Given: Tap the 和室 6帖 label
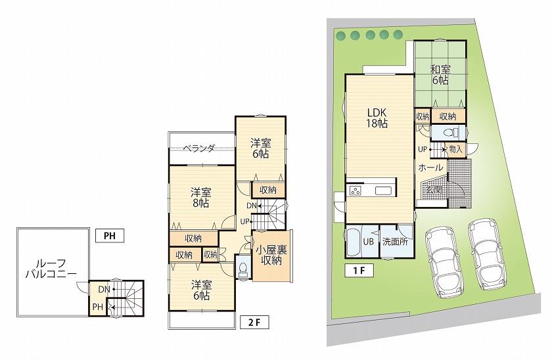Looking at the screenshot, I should [x=440, y=74].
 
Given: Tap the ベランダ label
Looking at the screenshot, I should [x=199, y=148].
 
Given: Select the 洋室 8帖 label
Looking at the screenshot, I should [x=201, y=198].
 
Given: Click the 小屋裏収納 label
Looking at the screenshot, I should [x=271, y=254].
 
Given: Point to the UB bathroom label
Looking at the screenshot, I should [x=369, y=241].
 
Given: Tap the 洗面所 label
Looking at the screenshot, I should [x=396, y=241].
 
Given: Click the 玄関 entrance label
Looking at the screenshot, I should [x=433, y=190].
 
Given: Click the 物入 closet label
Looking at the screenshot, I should [x=456, y=150].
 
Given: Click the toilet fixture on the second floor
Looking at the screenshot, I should [x=242, y=269].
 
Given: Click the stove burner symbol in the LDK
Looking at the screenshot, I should [x=356, y=191].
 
